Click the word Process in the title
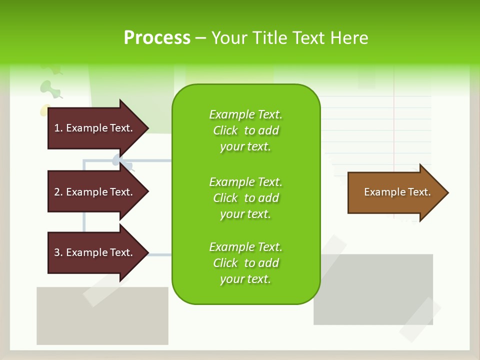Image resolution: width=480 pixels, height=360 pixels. point(157,38)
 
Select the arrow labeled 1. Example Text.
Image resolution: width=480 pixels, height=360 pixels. point(95,128)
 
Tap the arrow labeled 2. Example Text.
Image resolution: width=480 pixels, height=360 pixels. point(95,192)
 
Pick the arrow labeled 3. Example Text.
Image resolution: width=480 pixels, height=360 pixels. point(95,252)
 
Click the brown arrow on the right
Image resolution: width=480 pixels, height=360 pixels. point(395,192)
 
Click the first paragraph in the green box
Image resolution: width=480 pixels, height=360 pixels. point(245,130)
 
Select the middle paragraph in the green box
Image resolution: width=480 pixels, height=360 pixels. point(245,198)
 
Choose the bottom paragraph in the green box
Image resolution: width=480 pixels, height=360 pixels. point(245,263)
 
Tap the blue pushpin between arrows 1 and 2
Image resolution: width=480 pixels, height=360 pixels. point(120,161)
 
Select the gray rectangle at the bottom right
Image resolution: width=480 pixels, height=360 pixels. point(372,290)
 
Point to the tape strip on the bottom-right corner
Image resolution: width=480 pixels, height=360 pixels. point(420,320)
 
